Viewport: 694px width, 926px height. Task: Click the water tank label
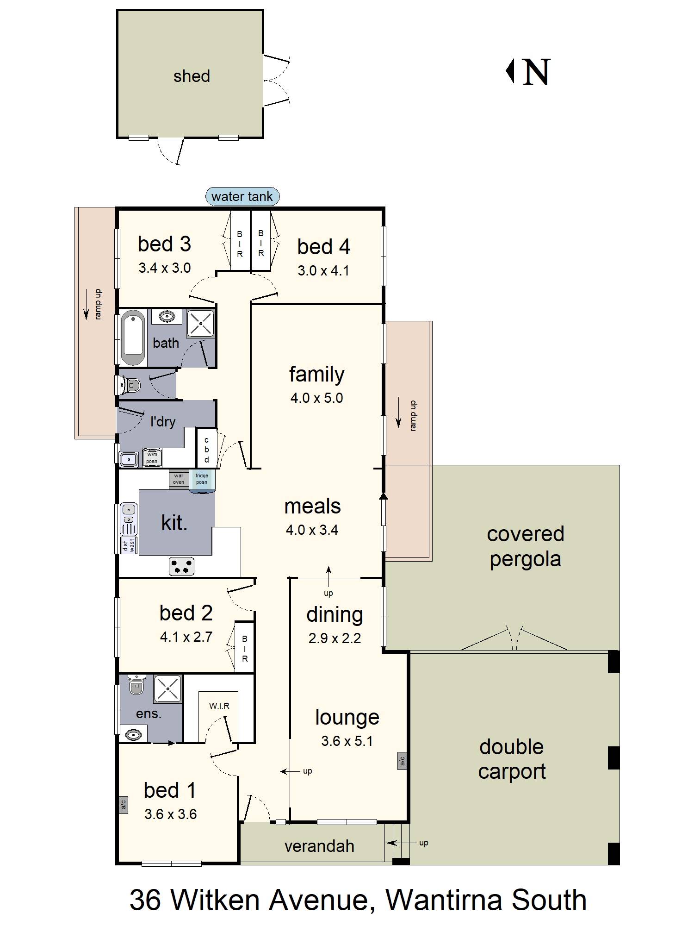(x=242, y=196)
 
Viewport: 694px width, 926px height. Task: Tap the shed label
(x=192, y=76)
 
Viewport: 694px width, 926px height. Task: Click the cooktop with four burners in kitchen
(x=181, y=566)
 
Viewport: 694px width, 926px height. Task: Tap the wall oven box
(x=179, y=479)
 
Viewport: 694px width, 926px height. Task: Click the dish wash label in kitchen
(x=129, y=545)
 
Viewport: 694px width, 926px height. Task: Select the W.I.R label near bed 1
(x=219, y=706)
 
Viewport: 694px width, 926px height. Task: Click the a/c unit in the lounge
(x=402, y=760)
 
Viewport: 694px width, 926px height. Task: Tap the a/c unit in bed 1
(x=124, y=805)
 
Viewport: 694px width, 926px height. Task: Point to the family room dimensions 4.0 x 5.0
(x=316, y=398)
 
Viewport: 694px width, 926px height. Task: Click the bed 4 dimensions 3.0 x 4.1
(x=323, y=270)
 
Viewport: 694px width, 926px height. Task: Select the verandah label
(x=319, y=846)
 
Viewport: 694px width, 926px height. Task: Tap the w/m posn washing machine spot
(x=152, y=457)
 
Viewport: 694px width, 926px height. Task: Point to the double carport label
(x=512, y=759)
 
